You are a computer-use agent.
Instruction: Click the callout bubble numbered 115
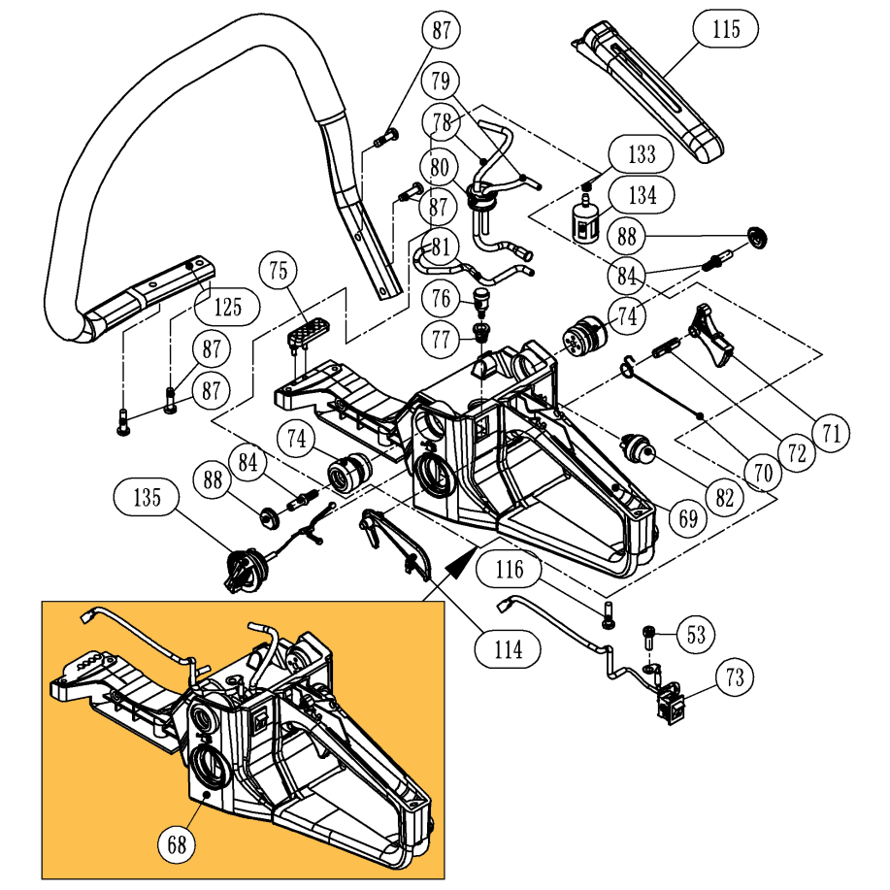(725, 29)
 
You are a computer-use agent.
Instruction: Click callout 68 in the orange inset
(177, 843)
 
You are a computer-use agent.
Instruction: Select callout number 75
(279, 272)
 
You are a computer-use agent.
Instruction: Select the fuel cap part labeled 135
(243, 569)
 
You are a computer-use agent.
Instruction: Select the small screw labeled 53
(647, 640)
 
